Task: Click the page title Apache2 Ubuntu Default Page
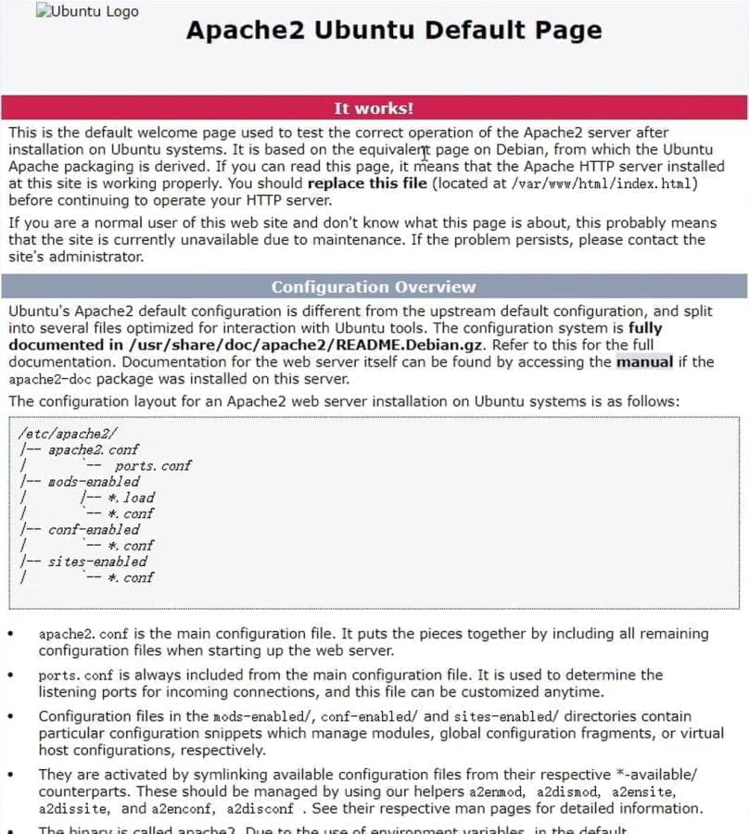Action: click(x=394, y=30)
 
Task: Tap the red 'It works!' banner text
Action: click(x=374, y=108)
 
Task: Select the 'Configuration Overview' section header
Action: click(x=374, y=287)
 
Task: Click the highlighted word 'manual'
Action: click(x=644, y=361)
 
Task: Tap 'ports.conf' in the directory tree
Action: click(x=152, y=465)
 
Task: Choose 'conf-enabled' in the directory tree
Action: click(x=94, y=529)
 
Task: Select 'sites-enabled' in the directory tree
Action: click(x=97, y=562)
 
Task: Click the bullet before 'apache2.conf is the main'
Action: click(x=10, y=635)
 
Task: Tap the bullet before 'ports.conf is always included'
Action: click(x=10, y=676)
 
